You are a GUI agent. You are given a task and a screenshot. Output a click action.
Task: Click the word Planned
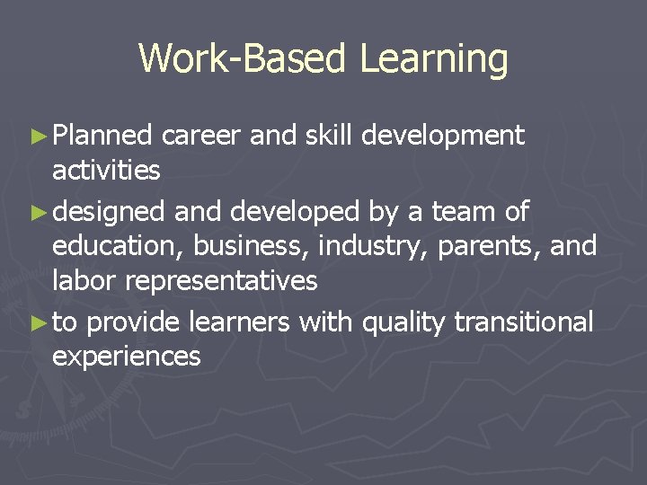pyautogui.click(x=103, y=137)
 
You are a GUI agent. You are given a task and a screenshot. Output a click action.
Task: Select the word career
pyautogui.click(x=202, y=137)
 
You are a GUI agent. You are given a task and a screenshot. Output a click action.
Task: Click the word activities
pyautogui.click(x=106, y=170)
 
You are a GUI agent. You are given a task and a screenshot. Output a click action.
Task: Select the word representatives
pyautogui.click(x=221, y=280)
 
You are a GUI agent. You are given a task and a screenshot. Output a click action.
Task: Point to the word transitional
pyautogui.click(x=524, y=322)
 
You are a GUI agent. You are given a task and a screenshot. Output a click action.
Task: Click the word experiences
pyautogui.click(x=127, y=357)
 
